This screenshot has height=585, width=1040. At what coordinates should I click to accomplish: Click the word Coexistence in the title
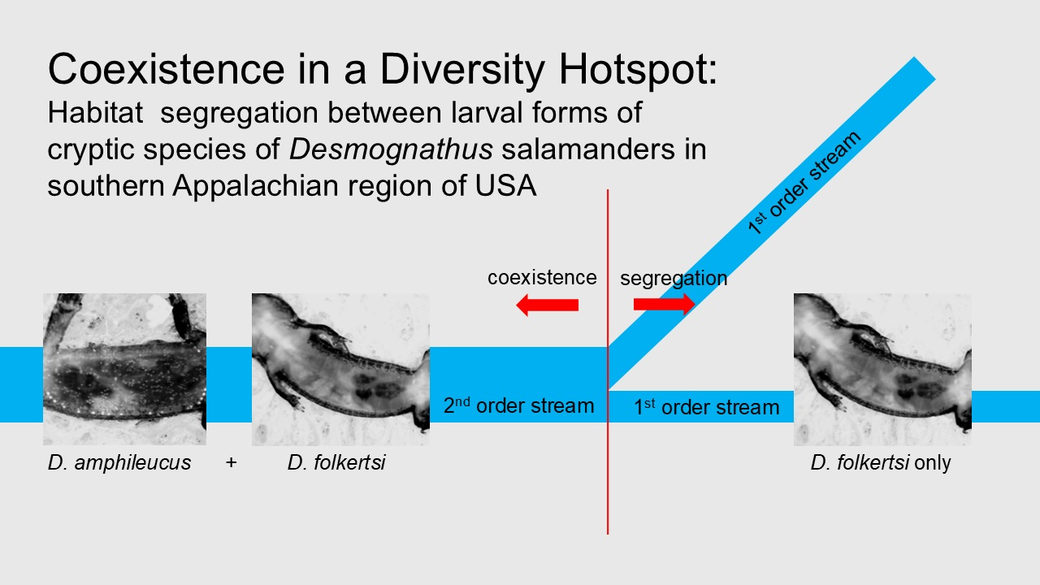click(167, 69)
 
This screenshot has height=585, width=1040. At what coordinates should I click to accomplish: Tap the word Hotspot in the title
click(639, 69)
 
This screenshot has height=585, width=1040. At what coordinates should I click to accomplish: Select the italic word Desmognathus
click(391, 149)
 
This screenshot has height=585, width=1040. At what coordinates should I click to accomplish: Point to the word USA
click(505, 186)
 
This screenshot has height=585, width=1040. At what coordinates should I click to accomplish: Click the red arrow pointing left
click(548, 305)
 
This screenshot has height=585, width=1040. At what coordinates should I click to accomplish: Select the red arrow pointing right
click(664, 304)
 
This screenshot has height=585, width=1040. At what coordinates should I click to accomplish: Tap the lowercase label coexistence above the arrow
click(542, 278)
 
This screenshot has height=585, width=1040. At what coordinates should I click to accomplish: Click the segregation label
click(674, 279)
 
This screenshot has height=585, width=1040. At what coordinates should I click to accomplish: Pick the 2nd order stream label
click(518, 405)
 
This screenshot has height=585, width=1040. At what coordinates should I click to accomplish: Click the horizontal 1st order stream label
click(707, 407)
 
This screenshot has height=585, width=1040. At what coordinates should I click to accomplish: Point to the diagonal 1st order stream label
click(804, 182)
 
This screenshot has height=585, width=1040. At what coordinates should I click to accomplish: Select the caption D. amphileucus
click(119, 463)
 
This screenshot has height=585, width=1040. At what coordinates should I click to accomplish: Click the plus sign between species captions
click(231, 462)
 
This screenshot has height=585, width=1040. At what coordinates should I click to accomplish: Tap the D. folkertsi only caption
click(881, 463)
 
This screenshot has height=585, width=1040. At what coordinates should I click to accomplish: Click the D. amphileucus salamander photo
click(124, 369)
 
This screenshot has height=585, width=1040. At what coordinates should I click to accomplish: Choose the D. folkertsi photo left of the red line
click(340, 370)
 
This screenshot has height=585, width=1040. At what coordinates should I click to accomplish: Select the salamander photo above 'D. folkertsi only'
click(882, 370)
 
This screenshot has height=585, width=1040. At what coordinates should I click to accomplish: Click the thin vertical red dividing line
click(607, 362)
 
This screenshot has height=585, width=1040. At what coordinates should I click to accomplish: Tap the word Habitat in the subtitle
click(95, 113)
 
